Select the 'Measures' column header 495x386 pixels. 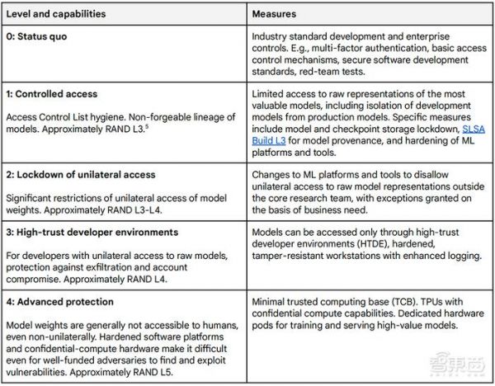point(280,12)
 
